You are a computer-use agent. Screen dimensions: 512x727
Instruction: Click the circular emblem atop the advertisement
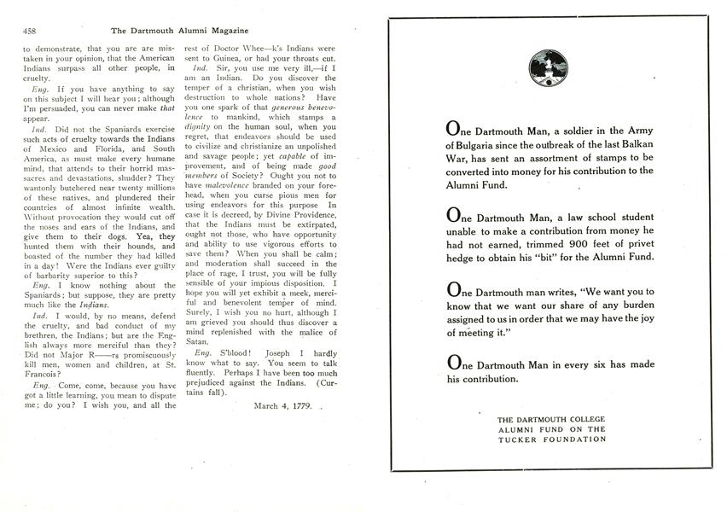[x=544, y=65]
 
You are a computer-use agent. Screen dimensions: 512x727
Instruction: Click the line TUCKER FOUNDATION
[x=552, y=439]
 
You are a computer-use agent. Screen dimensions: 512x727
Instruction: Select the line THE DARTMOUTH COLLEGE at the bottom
[x=552, y=419]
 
